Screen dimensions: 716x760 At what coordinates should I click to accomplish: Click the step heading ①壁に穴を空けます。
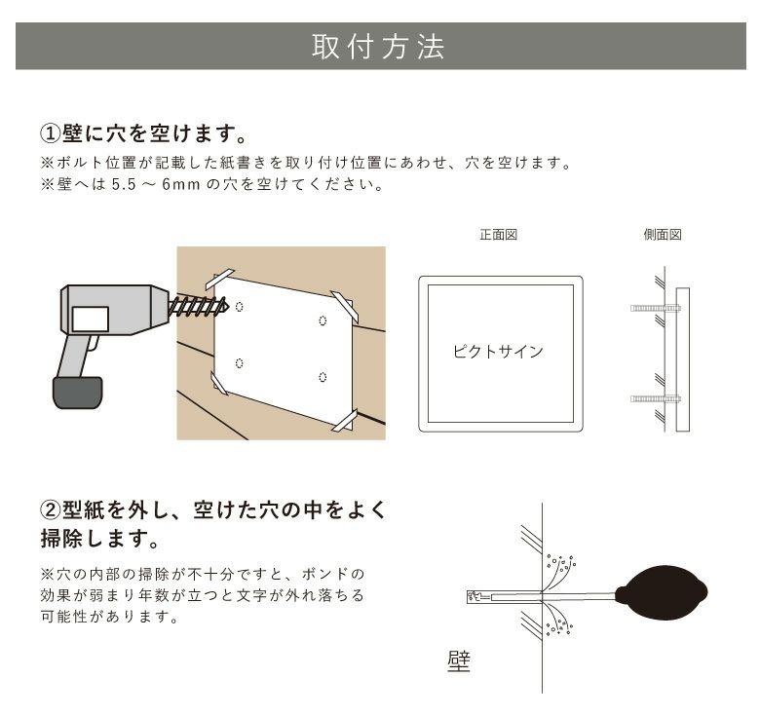point(147,132)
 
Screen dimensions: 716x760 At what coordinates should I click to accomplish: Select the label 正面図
point(498,236)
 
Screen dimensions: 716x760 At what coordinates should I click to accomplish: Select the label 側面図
point(663,236)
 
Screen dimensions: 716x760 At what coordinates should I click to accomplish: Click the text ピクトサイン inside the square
point(498,352)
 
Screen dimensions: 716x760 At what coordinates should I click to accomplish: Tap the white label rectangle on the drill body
point(92,319)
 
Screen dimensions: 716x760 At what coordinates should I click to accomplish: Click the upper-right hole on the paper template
point(323,320)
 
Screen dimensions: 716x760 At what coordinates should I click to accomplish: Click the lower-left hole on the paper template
point(239,363)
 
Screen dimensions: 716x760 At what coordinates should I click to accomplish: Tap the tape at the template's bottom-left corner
point(220,383)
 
